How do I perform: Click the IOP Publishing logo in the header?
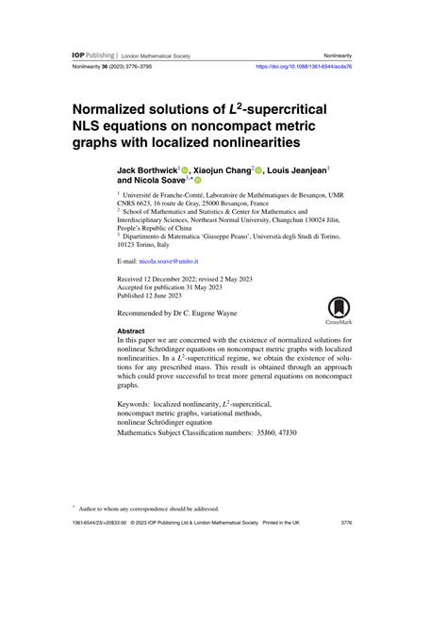tap(94, 56)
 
